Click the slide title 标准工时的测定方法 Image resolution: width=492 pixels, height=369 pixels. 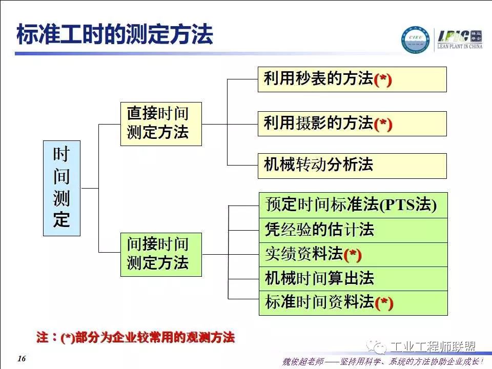coord(114,35)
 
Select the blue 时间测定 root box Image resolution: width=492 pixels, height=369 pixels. coord(61,188)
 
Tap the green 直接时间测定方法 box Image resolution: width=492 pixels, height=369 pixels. coord(160,124)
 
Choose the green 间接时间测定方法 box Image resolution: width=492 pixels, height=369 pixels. coord(160,254)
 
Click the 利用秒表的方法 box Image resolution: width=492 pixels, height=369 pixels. coord(352,79)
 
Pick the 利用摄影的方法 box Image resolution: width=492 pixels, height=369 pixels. coord(352,124)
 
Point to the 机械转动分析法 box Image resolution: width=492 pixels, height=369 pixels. coord(352,166)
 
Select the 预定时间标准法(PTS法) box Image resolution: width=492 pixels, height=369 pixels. coord(353,205)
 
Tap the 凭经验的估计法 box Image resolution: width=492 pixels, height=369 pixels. coord(353,230)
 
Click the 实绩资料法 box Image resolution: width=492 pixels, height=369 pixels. coord(353,254)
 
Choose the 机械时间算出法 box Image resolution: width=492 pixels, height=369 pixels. coord(353,279)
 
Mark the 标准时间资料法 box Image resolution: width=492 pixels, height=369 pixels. coord(353,303)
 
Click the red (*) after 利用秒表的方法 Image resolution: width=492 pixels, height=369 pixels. coord(383,80)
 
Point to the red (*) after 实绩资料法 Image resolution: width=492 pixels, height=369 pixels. coord(353,255)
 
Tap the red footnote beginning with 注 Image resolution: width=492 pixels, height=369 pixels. coord(135,337)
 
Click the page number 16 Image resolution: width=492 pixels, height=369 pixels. coord(21,358)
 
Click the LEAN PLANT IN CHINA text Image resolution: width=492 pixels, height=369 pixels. coord(459,47)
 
